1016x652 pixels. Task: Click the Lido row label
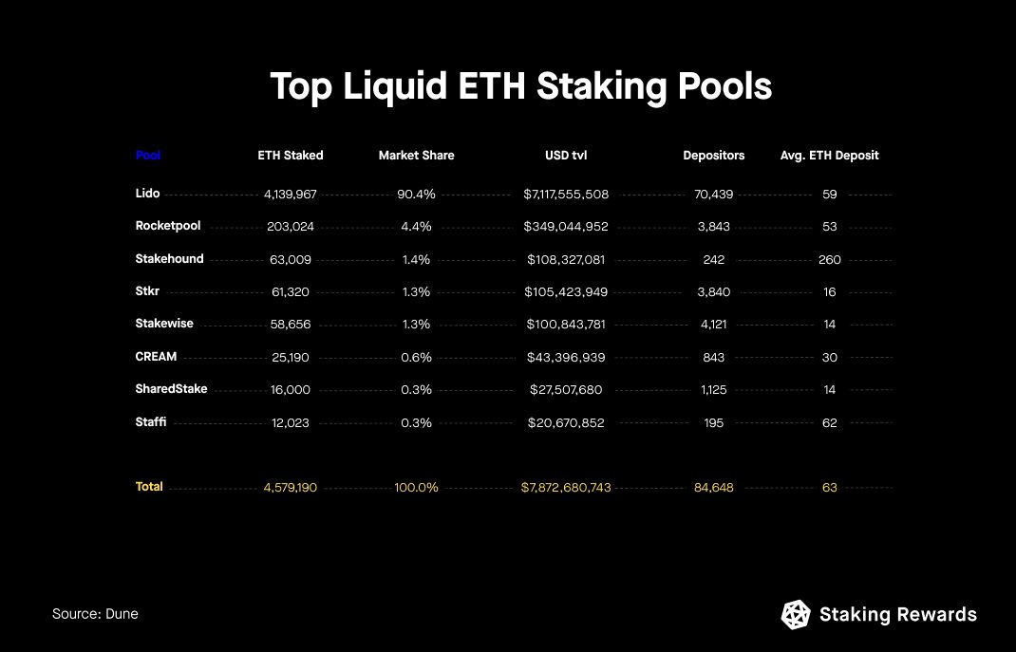[x=147, y=194]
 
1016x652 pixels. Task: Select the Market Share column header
[x=416, y=155]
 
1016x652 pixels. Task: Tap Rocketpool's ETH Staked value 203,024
[x=291, y=227]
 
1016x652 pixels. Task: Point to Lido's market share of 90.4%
[x=416, y=195]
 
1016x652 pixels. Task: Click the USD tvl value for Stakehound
[x=566, y=259]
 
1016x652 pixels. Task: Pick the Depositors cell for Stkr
[x=714, y=291]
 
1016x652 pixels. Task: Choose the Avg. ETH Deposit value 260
[x=829, y=259]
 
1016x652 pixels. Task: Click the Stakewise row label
[x=164, y=324]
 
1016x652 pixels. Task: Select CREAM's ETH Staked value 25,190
[x=291, y=358]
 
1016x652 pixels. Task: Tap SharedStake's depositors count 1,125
[x=714, y=390]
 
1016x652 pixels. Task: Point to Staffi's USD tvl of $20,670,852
[x=566, y=422]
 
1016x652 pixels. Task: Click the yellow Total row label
[x=149, y=486]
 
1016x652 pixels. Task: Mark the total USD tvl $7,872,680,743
[x=566, y=487]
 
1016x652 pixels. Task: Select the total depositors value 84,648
[x=714, y=487]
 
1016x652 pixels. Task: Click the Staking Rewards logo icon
[x=796, y=615]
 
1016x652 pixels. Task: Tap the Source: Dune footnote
[x=95, y=614]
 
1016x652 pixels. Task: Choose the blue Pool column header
[x=148, y=155]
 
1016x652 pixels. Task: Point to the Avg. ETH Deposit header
[x=829, y=155]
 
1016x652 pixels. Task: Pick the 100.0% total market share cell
[x=416, y=487]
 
